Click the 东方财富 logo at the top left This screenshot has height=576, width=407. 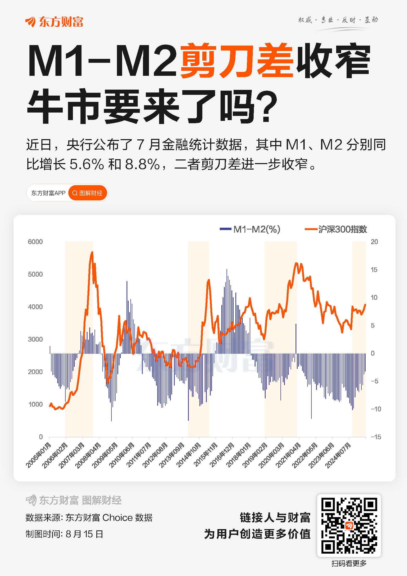pyautogui.click(x=54, y=22)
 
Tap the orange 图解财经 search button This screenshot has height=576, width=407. pyautogui.click(x=87, y=193)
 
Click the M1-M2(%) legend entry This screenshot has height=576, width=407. pyautogui.click(x=250, y=229)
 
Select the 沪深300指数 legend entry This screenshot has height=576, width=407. pyautogui.click(x=336, y=229)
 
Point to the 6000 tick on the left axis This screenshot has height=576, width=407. pyautogui.click(x=35, y=242)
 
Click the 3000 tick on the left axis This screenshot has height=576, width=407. pyautogui.click(x=35, y=339)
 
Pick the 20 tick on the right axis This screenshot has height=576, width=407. pyautogui.click(x=374, y=242)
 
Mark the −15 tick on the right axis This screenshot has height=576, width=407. pyautogui.click(x=376, y=437)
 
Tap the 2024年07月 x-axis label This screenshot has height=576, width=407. pyautogui.click(x=339, y=455)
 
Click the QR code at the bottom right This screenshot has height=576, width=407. pyautogui.click(x=349, y=525)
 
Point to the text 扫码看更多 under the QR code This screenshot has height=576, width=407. pyautogui.click(x=349, y=563)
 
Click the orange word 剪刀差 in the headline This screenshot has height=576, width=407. pyautogui.click(x=237, y=60)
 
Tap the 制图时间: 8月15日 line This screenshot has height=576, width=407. pyautogui.click(x=64, y=534)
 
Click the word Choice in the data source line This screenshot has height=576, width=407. pyautogui.click(x=117, y=518)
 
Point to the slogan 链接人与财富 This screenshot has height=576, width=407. pyautogui.click(x=275, y=517)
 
